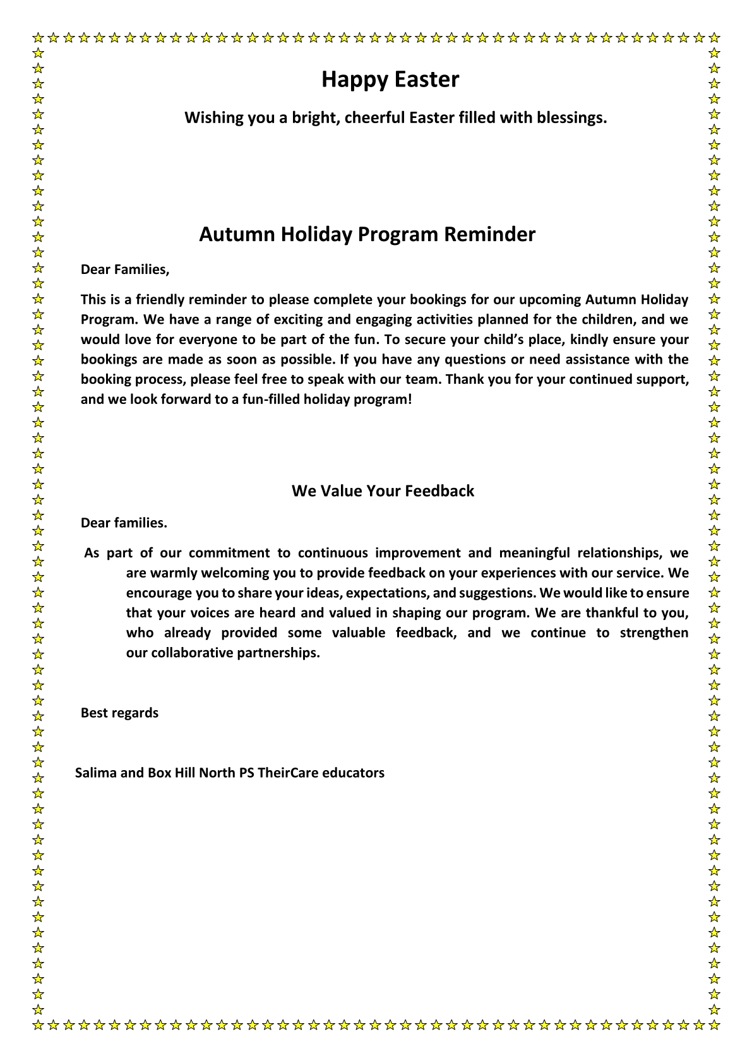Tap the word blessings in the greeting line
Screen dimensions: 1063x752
[571, 118]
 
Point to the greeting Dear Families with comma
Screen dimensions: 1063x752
[125, 270]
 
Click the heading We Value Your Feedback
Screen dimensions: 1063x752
[383, 491]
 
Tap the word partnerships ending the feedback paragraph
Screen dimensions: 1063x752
[278, 653]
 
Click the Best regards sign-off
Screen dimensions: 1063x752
[119, 713]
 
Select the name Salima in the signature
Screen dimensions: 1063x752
[95, 773]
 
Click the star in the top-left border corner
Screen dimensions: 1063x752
[39, 37]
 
